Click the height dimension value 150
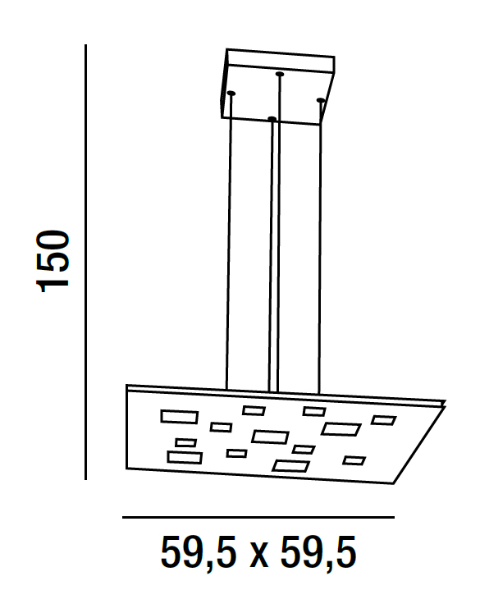coord(53,261)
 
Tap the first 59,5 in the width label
coord(199,553)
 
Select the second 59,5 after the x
coord(318,553)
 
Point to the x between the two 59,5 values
coord(258,557)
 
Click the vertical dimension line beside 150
coord(86,262)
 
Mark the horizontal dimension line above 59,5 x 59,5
coord(258,518)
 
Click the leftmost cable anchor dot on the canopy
coord(231,93)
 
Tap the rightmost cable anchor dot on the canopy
coord(321,100)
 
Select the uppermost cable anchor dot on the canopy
coord(279,74)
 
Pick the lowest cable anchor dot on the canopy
coord(272,119)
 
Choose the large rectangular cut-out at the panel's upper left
coord(180,417)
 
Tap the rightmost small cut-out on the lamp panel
coord(383,420)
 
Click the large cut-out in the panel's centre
coord(270,437)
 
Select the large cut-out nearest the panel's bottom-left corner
coord(185,457)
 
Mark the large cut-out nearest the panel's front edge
coord(291,466)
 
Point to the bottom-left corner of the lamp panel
coord(126,469)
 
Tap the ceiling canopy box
coord(277,86)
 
